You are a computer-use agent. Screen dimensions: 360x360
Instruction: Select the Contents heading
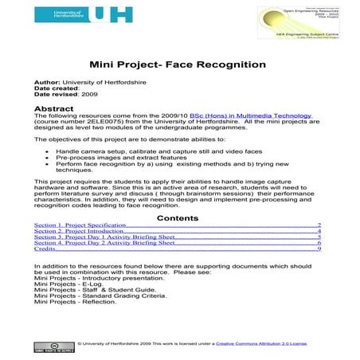pos(178,217)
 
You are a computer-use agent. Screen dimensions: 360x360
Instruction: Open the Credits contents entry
pos(45,248)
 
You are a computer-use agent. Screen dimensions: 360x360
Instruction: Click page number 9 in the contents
pos(319,248)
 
